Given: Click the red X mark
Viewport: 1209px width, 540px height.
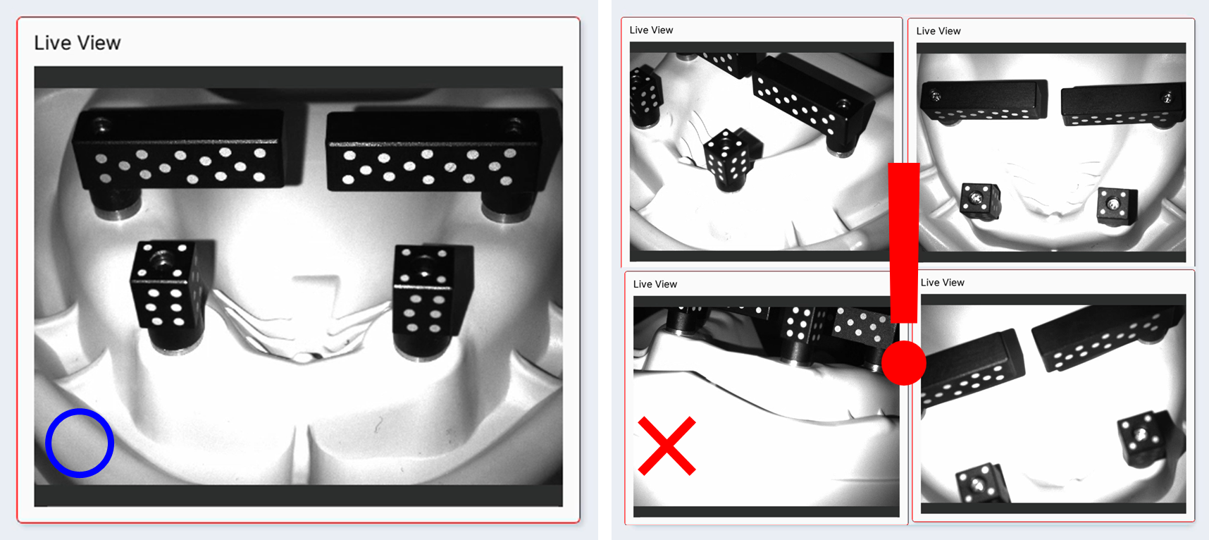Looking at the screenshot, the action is (666, 446).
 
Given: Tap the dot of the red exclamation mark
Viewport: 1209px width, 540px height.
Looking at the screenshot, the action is (904, 362).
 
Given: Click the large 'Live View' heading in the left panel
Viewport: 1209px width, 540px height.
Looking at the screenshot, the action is (77, 43).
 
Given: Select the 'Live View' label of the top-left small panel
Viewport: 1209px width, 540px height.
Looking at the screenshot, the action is (651, 30).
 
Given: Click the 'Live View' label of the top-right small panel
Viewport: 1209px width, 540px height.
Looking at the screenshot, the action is (938, 31).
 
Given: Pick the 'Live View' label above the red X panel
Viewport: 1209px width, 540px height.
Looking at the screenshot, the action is (655, 284).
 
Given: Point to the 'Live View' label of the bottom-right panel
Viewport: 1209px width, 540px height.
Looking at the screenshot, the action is (943, 283).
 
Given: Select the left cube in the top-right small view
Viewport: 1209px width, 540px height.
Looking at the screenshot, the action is (980, 200).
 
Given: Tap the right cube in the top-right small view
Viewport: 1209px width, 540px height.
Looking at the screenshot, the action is (1117, 204).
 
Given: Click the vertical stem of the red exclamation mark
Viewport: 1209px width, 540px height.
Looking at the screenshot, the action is (904, 243).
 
